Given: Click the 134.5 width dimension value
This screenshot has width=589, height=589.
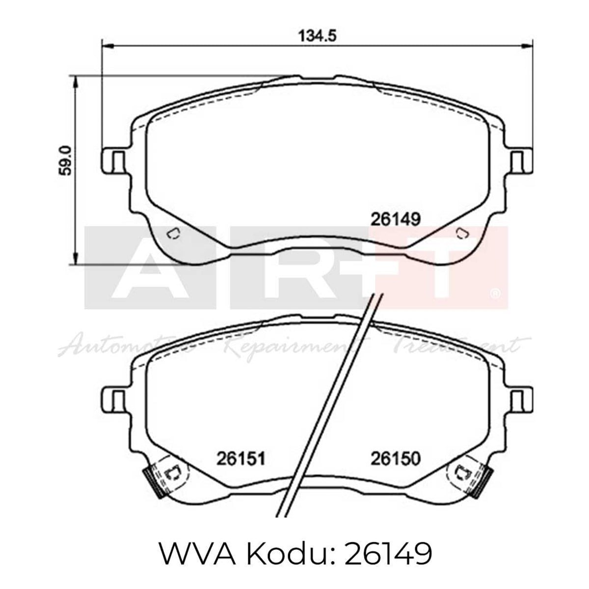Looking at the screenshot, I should tap(317, 36).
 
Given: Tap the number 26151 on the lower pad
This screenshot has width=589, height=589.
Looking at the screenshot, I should tap(241, 459).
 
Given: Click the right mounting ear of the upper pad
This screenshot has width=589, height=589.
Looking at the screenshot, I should tap(519, 161).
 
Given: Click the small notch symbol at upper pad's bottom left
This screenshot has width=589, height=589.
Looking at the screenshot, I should tap(173, 233).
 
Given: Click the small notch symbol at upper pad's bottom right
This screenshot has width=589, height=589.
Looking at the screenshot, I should tap(461, 233).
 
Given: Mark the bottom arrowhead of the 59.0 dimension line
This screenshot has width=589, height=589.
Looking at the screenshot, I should tap(75, 258).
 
